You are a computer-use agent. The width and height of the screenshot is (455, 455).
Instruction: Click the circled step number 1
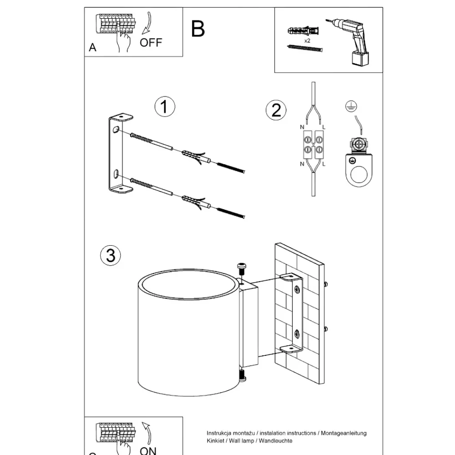(165, 106)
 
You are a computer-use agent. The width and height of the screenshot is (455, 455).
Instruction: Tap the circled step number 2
(276, 110)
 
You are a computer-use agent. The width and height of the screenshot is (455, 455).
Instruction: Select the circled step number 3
(111, 255)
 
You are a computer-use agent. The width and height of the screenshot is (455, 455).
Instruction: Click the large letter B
(198, 29)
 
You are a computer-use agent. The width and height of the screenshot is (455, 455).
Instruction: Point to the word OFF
(151, 43)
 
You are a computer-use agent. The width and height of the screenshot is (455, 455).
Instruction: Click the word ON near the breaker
(148, 450)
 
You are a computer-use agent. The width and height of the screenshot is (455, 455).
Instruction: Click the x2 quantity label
(307, 40)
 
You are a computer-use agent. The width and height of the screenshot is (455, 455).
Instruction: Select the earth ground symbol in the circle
(351, 106)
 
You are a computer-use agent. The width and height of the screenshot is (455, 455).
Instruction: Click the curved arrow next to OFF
(148, 24)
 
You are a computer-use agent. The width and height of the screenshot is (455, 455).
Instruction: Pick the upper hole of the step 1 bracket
(116, 129)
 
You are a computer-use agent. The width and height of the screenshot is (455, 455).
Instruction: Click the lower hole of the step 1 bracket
(116, 174)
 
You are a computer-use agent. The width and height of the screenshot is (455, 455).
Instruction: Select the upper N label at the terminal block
(302, 127)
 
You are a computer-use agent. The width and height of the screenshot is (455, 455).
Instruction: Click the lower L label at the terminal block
(324, 164)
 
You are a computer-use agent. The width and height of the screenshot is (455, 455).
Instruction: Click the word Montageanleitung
(344, 433)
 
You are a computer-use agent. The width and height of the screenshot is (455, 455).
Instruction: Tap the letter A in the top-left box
(92, 47)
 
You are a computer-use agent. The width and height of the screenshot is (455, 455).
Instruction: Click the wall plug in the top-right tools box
(303, 30)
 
